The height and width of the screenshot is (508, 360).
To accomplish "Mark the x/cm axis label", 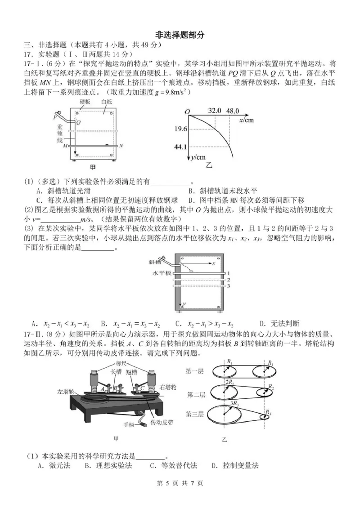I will coord(247,120).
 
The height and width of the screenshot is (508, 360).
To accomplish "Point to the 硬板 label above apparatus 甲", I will coord(85,102).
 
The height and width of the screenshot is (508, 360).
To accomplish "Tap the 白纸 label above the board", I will coord(107,102).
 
